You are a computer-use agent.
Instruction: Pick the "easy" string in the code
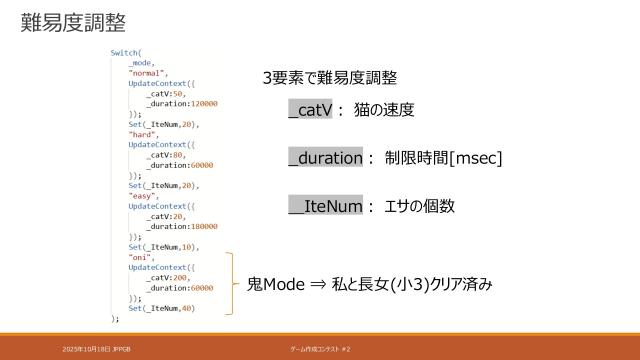click(x=141, y=195)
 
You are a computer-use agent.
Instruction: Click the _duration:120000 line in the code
click(x=181, y=103)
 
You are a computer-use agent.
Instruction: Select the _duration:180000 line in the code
click(x=181, y=226)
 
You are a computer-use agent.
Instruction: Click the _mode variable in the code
click(x=141, y=62)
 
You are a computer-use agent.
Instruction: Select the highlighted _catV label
click(x=309, y=111)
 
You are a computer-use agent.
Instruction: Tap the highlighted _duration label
click(x=326, y=158)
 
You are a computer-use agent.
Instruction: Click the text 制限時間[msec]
click(x=443, y=158)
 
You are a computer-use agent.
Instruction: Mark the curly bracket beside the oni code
click(x=234, y=283)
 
